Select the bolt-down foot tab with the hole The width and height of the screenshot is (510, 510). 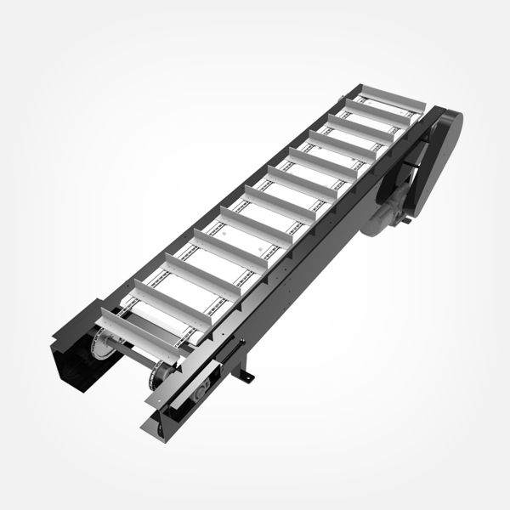click(247, 374)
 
